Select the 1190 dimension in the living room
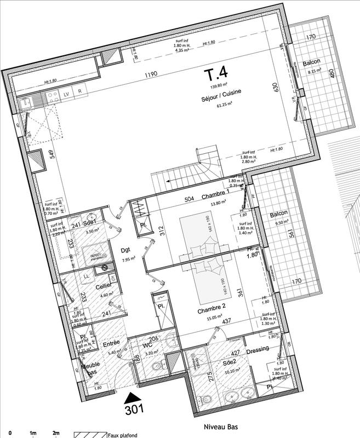click(x=152, y=75)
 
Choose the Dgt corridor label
click(x=124, y=251)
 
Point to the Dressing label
click(x=258, y=351)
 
